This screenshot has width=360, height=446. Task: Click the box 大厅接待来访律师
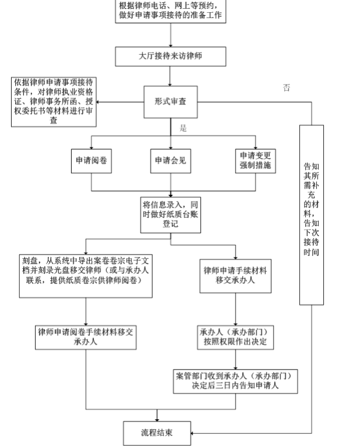click(x=170, y=57)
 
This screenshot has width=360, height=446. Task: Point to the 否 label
click(x=286, y=88)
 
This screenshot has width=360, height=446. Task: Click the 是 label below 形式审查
click(x=183, y=128)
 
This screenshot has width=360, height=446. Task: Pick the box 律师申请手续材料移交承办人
click(x=236, y=275)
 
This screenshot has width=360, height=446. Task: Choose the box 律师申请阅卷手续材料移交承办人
click(x=85, y=338)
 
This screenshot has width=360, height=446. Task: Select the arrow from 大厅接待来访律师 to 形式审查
click(x=170, y=76)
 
